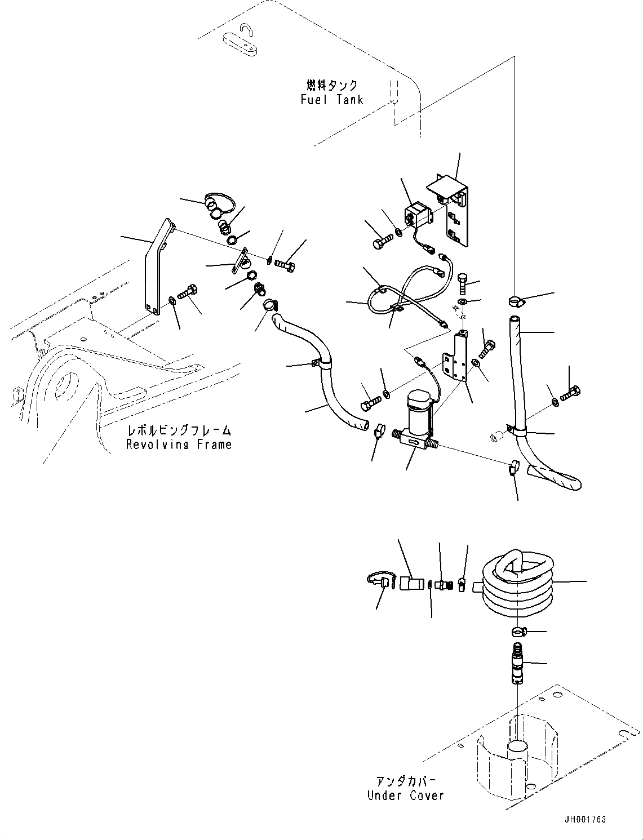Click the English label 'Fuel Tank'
tap(331, 100)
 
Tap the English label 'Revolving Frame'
tap(179, 445)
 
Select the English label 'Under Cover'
tap(405, 795)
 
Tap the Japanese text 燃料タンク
tap(332, 85)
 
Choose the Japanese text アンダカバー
tap(406, 781)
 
